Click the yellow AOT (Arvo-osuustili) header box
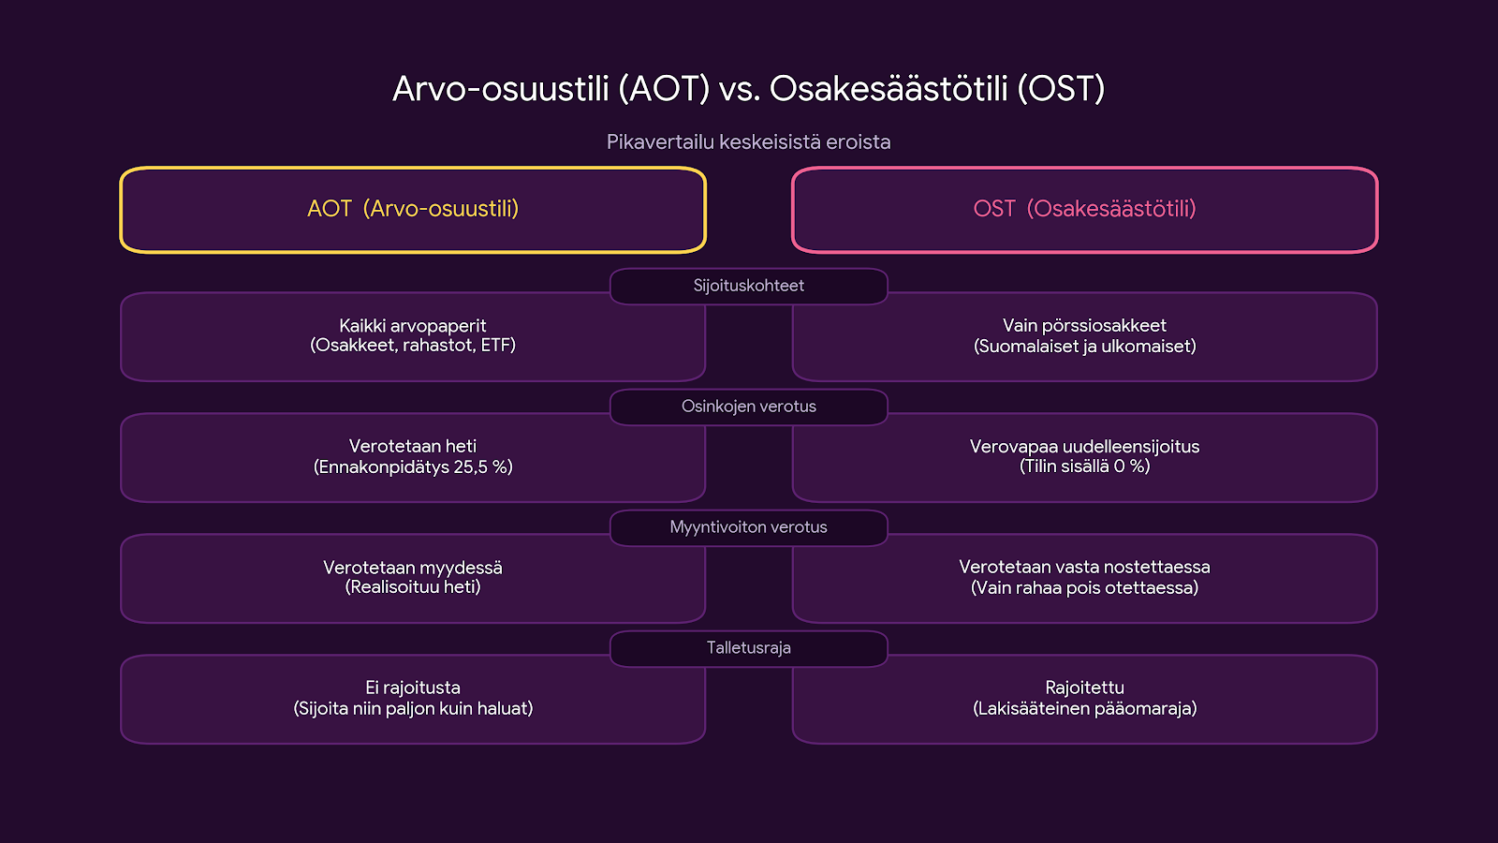[x=413, y=169]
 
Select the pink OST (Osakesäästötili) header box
[x=1085, y=169]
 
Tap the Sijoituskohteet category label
[x=748, y=286]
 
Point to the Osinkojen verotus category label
[x=748, y=407]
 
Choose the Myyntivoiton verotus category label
[x=748, y=527]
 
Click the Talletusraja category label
[x=748, y=647]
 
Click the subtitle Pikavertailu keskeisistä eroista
[x=748, y=141]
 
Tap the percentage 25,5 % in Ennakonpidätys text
[x=483, y=466]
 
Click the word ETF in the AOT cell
[x=497, y=346]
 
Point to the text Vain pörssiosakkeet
[x=1085, y=325]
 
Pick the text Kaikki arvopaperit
[x=413, y=325]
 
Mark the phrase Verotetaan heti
[x=413, y=446]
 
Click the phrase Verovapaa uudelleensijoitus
[x=1085, y=446]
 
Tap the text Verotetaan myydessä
[x=413, y=568]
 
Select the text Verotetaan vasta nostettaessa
[x=1085, y=567]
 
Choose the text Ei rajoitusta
[x=413, y=688]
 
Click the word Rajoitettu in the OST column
[x=1085, y=688]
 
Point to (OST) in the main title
[x=1061, y=88]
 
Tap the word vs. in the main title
[x=740, y=90]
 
